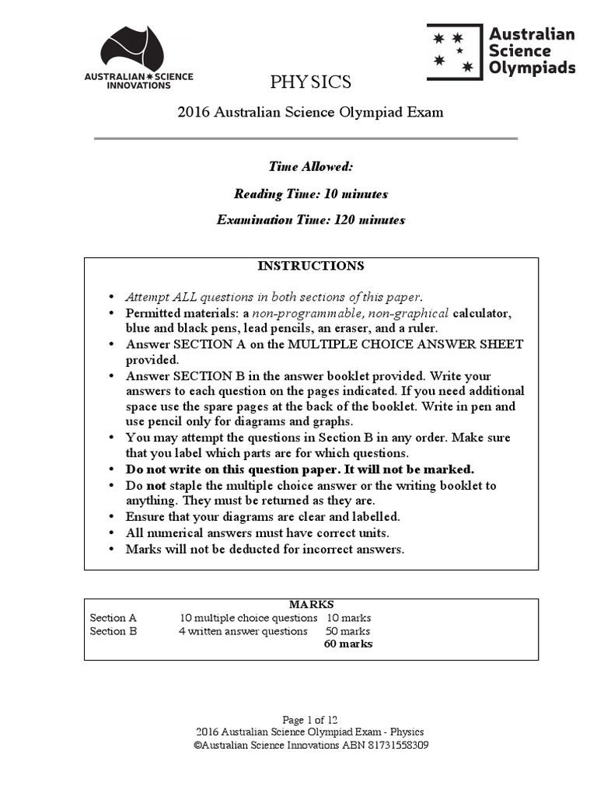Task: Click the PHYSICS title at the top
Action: point(310,82)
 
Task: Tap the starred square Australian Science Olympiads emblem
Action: point(454,52)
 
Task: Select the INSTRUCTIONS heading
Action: point(310,266)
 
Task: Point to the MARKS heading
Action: point(311,604)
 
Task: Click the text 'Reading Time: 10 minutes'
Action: point(310,194)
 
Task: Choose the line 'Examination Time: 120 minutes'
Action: point(310,220)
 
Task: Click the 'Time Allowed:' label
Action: point(310,166)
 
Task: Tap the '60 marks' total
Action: point(347,644)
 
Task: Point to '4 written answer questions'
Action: point(243,631)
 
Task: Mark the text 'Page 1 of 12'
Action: point(310,720)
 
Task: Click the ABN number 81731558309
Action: point(396,745)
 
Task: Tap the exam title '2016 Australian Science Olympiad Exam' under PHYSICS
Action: point(310,112)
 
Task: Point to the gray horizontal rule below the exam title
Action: point(305,138)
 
